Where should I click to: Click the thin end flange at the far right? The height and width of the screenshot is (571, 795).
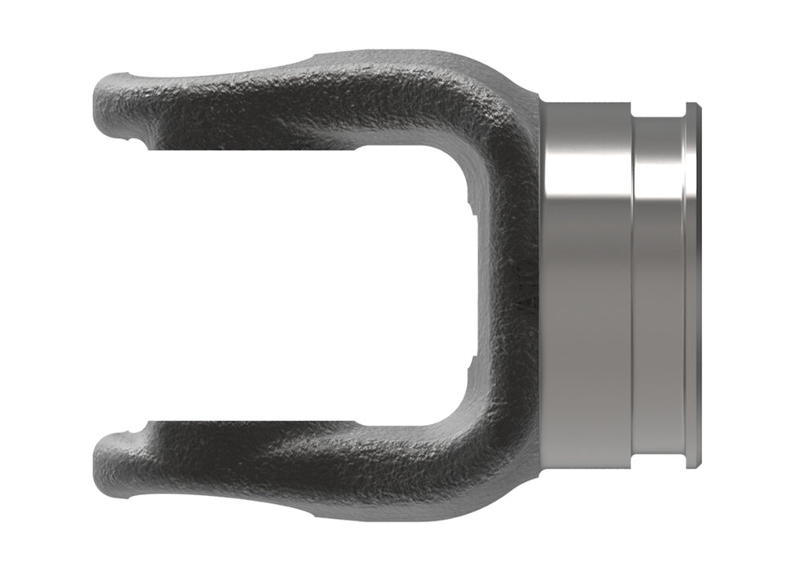point(692,285)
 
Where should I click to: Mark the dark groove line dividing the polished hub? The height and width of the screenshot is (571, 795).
point(633,285)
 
